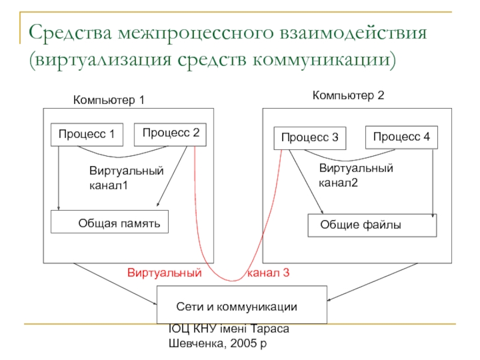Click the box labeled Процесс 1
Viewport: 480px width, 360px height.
tap(86, 135)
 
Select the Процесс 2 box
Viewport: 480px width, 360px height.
tap(170, 133)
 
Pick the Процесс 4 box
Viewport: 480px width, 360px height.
tap(401, 137)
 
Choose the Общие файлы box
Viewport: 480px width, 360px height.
tap(372, 226)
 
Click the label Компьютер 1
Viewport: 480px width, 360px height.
tap(109, 100)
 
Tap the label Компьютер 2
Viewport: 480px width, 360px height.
tap(348, 95)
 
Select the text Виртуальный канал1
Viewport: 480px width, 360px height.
tap(126, 178)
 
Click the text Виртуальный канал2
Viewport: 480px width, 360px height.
tap(356, 175)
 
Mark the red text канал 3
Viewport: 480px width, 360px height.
tap(268, 273)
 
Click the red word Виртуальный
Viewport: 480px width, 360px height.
tap(163, 273)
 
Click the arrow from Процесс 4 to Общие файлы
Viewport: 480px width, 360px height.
tap(433, 180)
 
